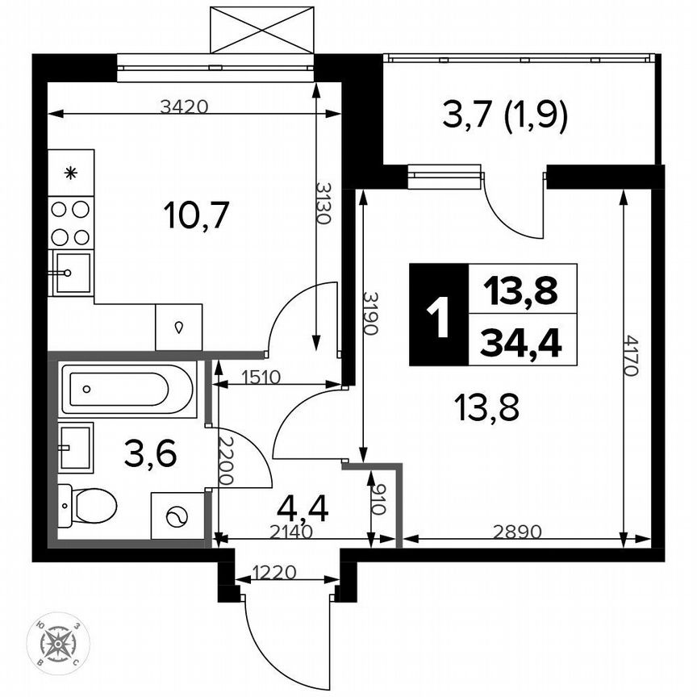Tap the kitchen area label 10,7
coord(197,215)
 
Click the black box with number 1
coord(438,315)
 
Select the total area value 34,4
coord(520,344)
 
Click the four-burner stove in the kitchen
coord(70,223)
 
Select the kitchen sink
coord(70,273)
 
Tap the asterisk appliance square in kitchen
coord(70,172)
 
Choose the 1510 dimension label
coord(257,376)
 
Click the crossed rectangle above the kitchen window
coord(261,30)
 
